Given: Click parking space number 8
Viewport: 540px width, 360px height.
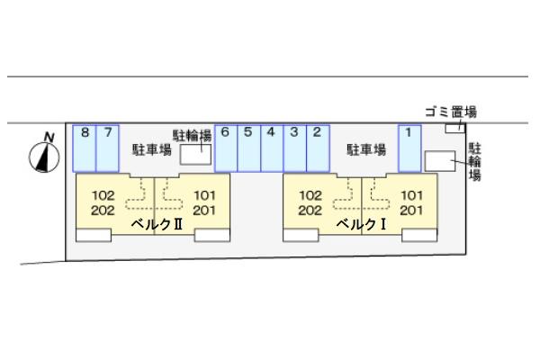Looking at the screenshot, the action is click(85, 148).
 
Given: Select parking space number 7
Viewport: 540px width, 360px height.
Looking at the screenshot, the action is click(108, 148).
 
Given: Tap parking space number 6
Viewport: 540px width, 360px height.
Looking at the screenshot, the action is click(226, 148).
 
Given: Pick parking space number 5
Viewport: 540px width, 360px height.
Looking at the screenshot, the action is click(249, 148).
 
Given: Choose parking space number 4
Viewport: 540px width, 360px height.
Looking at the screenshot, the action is click(272, 148).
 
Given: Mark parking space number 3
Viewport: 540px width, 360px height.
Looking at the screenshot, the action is click(294, 148).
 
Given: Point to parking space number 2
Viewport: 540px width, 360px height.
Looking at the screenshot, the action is click(318, 148).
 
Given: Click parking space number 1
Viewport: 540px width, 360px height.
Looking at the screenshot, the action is click(409, 148).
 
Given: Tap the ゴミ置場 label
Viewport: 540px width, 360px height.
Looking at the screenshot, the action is click(451, 112).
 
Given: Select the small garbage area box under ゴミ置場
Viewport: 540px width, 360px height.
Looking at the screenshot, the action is click(454, 129).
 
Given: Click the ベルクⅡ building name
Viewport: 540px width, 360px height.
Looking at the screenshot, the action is click(157, 224).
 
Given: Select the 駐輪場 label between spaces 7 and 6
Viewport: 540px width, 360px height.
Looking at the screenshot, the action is click(193, 135).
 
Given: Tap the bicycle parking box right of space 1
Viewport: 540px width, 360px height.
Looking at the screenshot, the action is click(438, 160).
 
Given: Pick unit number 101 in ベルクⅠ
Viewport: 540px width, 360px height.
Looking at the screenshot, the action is click(411, 194).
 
